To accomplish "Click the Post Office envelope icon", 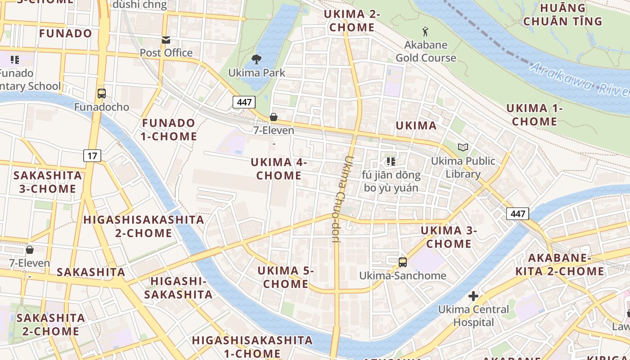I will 166,40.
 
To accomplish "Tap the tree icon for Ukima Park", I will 256,59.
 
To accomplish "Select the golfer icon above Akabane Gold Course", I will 425,31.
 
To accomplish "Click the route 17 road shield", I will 92,156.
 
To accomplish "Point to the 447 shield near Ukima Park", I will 244,102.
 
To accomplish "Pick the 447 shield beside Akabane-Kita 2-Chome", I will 517,213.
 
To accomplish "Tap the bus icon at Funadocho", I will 102,94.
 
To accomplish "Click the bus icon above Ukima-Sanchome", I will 403,262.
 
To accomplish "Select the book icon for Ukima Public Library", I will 463,147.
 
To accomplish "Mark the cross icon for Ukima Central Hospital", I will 473,296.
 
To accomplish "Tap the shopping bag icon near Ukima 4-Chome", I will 273,117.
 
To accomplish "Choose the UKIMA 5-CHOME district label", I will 286,277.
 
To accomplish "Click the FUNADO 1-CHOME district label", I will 169,130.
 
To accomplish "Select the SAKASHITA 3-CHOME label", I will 48,182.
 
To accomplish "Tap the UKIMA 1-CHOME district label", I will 535,115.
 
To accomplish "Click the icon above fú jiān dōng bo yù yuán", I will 391,161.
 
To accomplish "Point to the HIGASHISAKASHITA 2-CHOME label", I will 144,226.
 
